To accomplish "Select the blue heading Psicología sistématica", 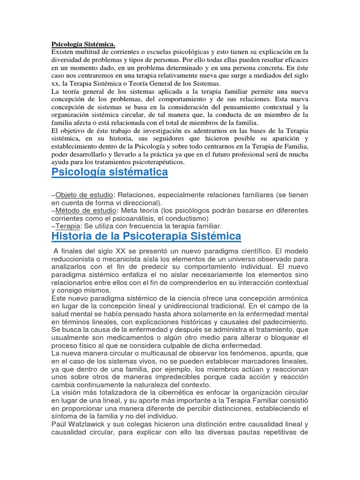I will (109, 172).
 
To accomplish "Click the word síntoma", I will (67, 417).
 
